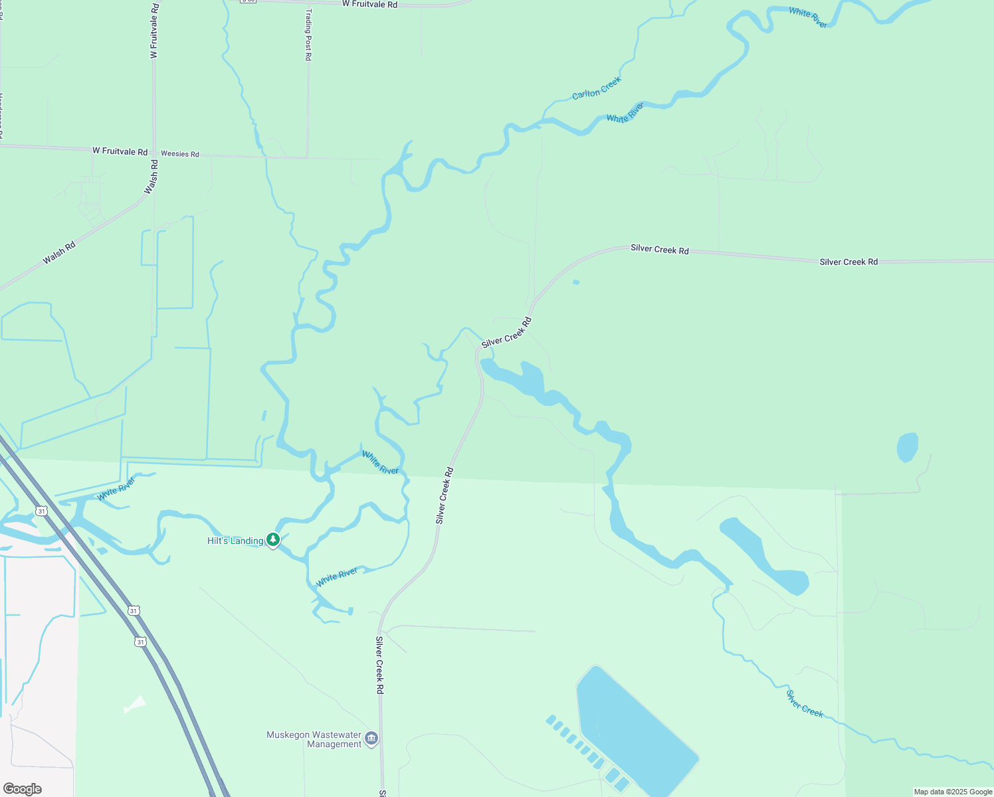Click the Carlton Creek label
coord(597,88)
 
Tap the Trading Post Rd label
coord(308,35)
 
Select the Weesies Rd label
coord(179,154)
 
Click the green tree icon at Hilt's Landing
coord(273,539)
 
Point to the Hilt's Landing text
coord(235,541)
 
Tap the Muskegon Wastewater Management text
coord(314,739)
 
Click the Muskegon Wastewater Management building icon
coord(371,739)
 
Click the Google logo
coord(23,789)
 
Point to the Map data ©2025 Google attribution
coord(953,792)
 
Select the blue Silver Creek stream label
coord(805,704)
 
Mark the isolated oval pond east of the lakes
coord(908,447)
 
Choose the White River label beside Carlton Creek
coord(625,112)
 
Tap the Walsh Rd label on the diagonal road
coord(59,253)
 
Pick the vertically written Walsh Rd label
coord(153,177)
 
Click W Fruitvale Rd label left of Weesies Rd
coord(120,151)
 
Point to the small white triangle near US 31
coord(136,704)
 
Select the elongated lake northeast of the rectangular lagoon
coord(764,555)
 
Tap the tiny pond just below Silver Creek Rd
coord(576,282)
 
